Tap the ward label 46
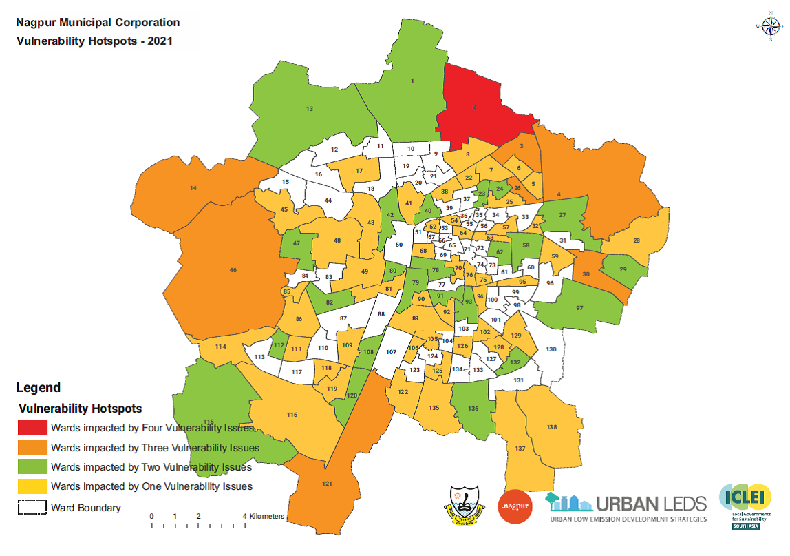[x=233, y=270]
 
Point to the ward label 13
[x=310, y=109]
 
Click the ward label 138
[x=551, y=427]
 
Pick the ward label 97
[x=579, y=307]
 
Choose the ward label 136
[x=473, y=409]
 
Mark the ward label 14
[x=193, y=188]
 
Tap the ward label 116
[x=292, y=415]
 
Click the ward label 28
[x=637, y=240]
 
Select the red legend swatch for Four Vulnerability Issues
[x=32, y=428]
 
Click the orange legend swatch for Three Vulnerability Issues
[x=32, y=448]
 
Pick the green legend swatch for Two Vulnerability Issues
[x=32, y=467]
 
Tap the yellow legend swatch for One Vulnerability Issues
[x=32, y=486]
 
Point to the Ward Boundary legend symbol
[x=32, y=508]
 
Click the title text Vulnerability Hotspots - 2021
[x=94, y=41]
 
